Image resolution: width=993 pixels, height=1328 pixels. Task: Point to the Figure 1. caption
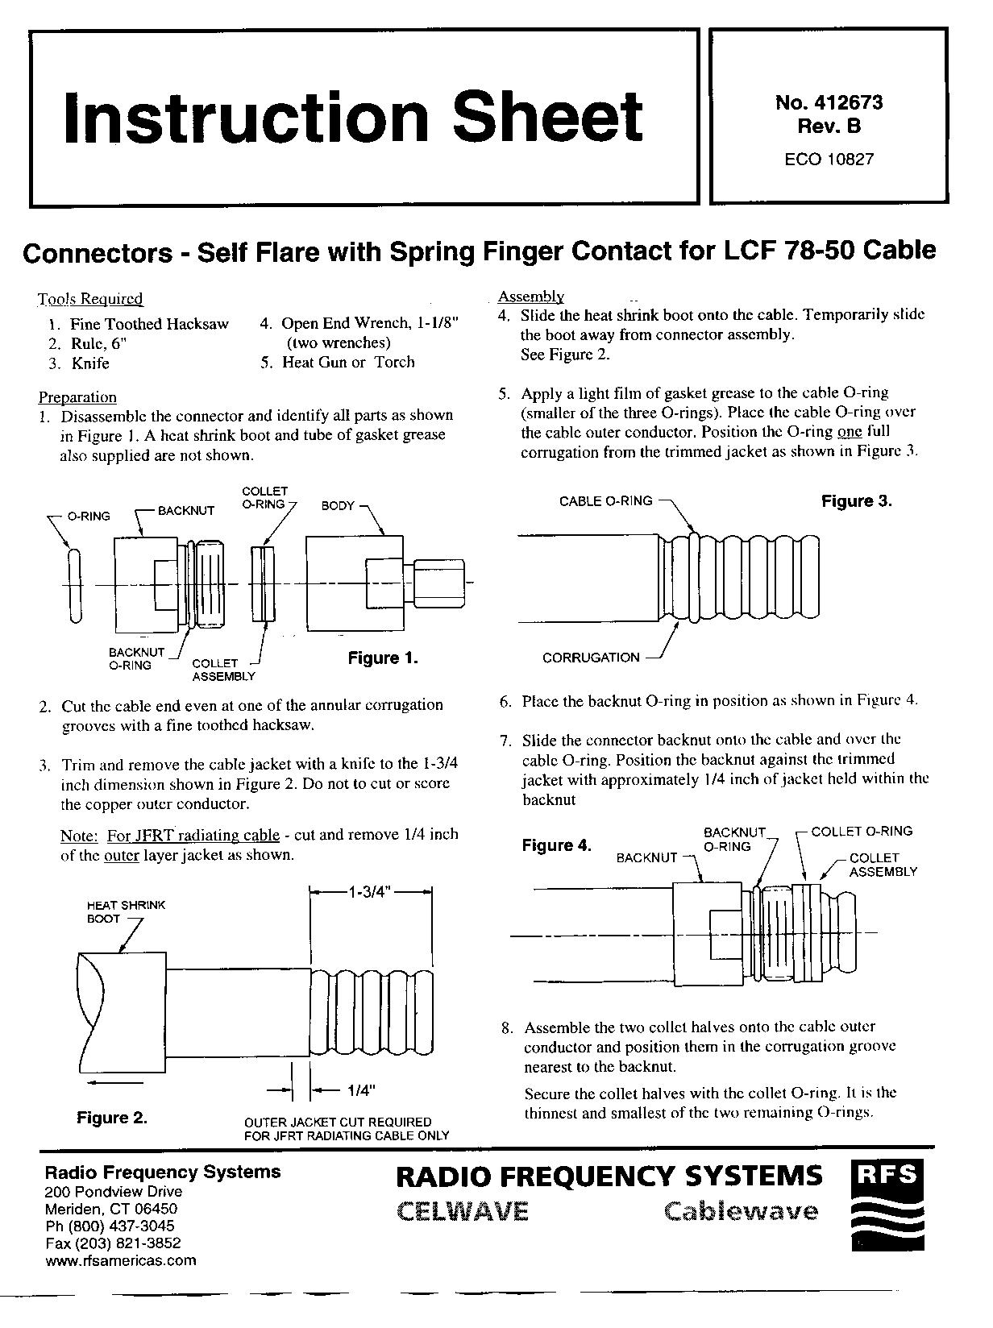[x=383, y=658]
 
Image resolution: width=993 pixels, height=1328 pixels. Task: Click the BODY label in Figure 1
[x=338, y=506]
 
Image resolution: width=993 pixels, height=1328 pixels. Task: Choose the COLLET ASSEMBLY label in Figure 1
[x=223, y=670]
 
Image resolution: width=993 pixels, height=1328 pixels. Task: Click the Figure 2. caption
[x=112, y=1118]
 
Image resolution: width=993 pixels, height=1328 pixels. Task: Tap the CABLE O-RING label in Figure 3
[x=605, y=501]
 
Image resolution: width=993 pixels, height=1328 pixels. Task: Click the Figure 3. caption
[x=857, y=501]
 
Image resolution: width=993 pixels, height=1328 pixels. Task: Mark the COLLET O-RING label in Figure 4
[x=862, y=831]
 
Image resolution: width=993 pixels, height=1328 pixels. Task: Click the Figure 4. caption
[x=557, y=845]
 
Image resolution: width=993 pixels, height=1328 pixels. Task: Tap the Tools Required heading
[x=90, y=299]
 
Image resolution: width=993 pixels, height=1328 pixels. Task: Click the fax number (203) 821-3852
[x=113, y=1243]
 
